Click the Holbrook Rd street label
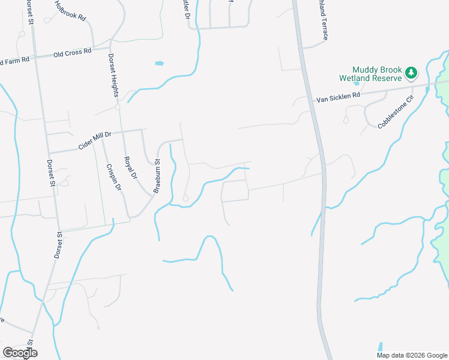click(x=70, y=11)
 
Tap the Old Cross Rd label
click(x=72, y=52)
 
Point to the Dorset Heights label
click(x=113, y=76)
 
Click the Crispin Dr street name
click(x=114, y=178)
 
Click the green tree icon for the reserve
click(x=411, y=73)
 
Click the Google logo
click(x=20, y=353)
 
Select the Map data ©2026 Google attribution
click(x=412, y=355)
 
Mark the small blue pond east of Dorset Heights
click(x=158, y=63)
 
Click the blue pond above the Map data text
click(x=380, y=347)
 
